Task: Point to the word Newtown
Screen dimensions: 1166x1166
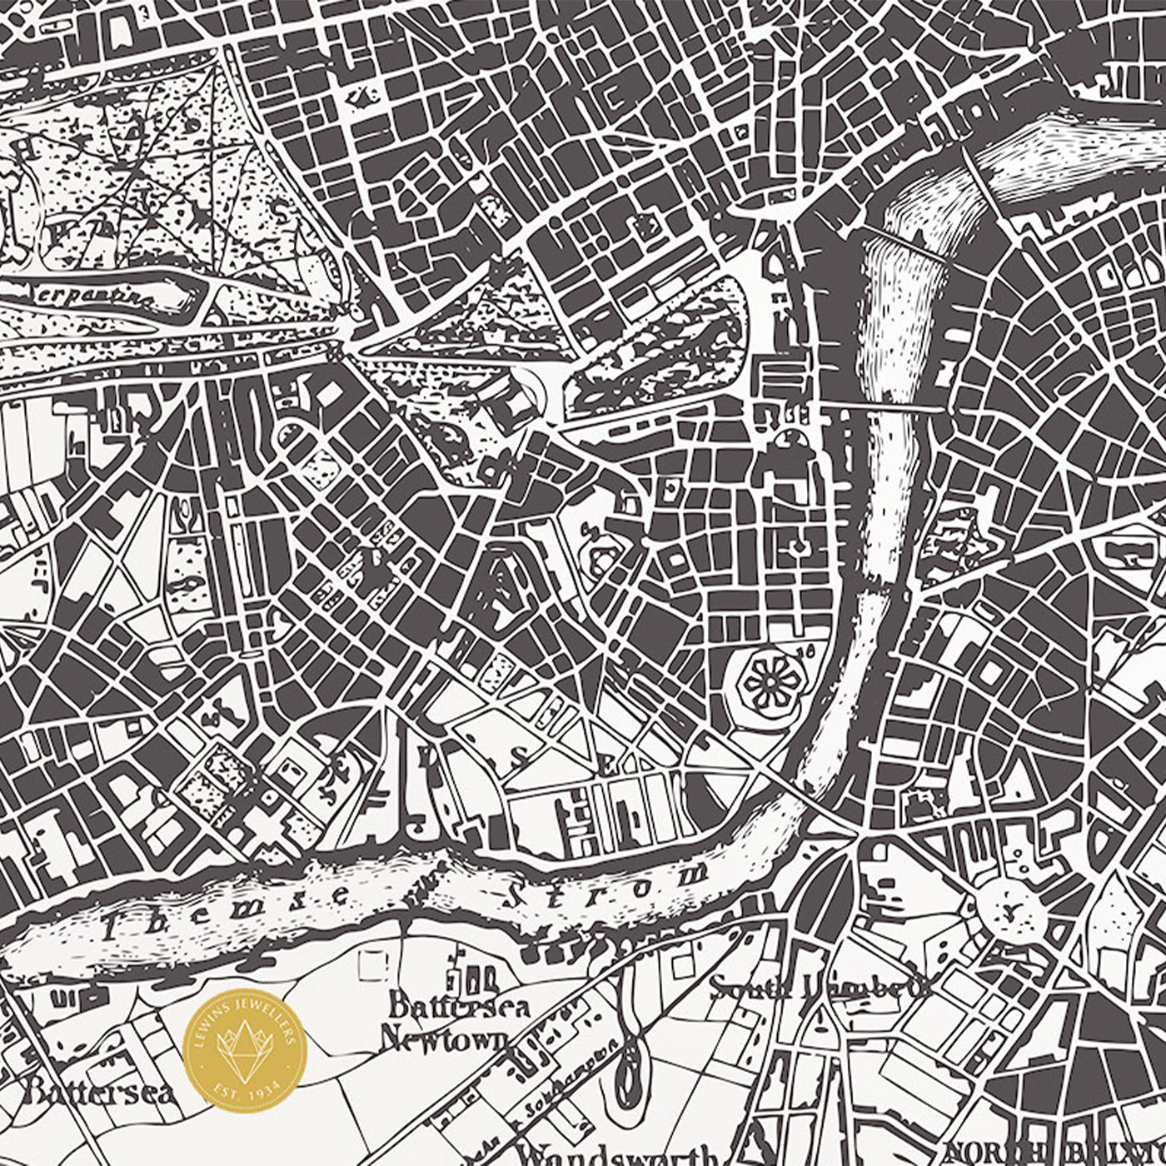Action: (x=444, y=1038)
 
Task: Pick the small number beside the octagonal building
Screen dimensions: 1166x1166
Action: (x=805, y=648)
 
